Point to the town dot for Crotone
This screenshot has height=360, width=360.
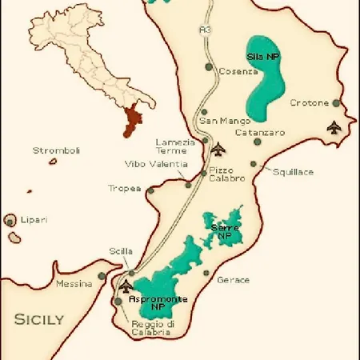click(x=337, y=102)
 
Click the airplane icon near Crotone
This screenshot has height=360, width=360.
click(x=334, y=126)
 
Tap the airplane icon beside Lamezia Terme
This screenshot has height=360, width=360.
click(x=219, y=147)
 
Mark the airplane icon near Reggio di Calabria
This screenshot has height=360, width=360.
click(x=125, y=286)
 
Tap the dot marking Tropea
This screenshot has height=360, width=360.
click(x=149, y=190)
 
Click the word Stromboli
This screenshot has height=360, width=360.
click(x=57, y=150)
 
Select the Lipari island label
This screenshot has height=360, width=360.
click(x=34, y=219)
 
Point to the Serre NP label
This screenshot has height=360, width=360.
click(x=225, y=232)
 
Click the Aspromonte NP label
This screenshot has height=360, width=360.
click(x=158, y=302)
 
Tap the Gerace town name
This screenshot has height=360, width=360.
click(x=233, y=280)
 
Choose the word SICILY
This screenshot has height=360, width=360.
click(x=38, y=318)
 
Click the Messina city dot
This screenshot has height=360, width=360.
click(x=102, y=276)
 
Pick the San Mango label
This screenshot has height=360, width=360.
click(x=218, y=121)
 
